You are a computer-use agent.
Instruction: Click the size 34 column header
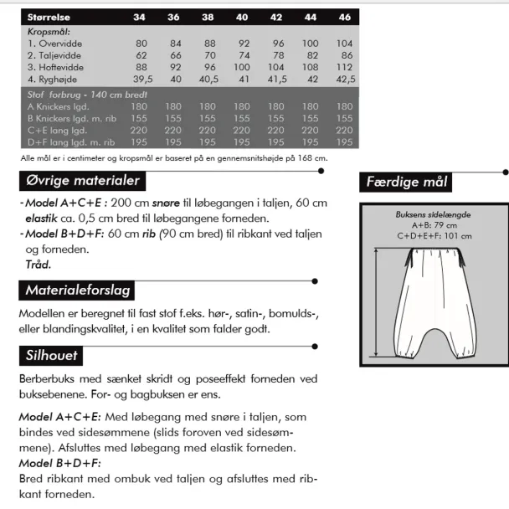click(141, 18)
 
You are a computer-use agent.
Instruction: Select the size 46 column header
click(344, 18)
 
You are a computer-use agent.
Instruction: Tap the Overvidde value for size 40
click(242, 43)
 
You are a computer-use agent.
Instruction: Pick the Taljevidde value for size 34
click(141, 54)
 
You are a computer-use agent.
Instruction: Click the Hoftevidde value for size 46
click(344, 66)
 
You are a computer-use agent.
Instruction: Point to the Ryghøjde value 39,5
click(141, 79)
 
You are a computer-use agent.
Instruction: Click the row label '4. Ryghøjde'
click(56, 79)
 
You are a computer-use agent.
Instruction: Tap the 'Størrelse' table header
click(52, 18)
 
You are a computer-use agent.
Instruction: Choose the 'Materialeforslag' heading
click(77, 290)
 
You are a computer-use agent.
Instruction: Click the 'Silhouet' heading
click(51, 356)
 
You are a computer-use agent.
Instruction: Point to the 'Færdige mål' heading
click(407, 182)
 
